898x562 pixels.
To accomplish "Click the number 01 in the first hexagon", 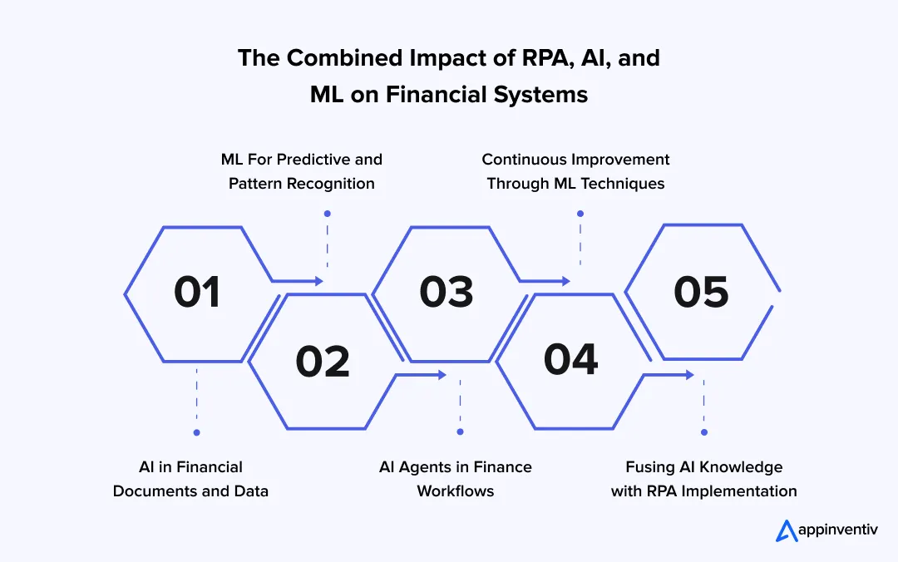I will coord(197,293).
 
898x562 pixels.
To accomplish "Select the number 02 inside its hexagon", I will coord(323,362).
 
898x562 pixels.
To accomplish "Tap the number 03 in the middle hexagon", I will coord(447,293).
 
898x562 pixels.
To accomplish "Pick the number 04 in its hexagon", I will coord(570,360).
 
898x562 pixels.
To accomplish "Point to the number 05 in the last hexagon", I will coord(701,293).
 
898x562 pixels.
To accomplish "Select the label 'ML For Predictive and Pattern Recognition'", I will coord(301,171).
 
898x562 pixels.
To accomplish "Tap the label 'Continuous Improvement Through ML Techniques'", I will coord(575,171).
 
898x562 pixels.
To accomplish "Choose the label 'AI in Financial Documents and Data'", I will coord(190,479).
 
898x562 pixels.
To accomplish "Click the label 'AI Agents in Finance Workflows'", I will coord(455,479).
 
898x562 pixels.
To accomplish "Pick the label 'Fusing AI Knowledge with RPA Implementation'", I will coord(703,479).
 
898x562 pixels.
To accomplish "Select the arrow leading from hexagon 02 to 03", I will coord(422,375).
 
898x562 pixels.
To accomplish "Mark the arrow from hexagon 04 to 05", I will coord(669,375).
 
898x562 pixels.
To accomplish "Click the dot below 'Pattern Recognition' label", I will coord(327,214).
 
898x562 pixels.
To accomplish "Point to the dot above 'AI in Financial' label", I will coord(196,432).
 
